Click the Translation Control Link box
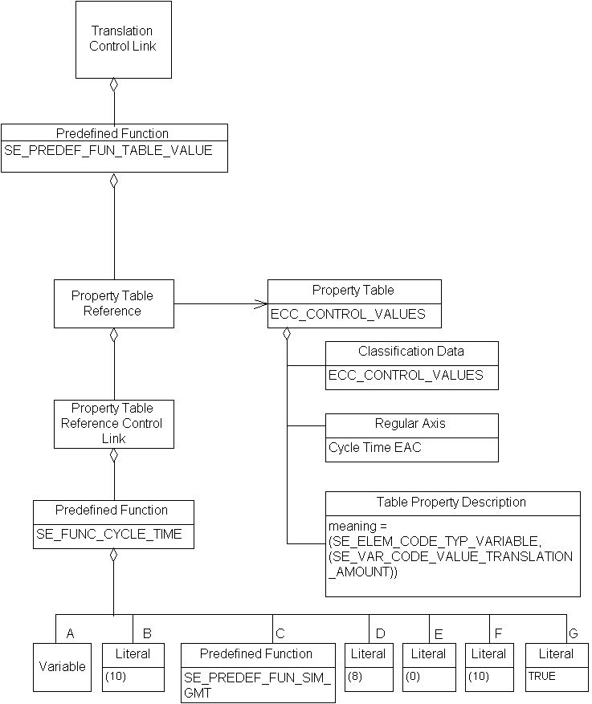tap(123, 39)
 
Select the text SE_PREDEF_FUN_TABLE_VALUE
tap(108, 150)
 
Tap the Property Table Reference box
tap(113, 303)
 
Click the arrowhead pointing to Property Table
tap(260, 303)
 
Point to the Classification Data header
tap(411, 352)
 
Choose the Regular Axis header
tap(411, 424)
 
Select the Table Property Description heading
tap(451, 503)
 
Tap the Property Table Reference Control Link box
tap(112, 424)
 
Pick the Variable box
tap(62, 666)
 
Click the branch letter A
tap(71, 633)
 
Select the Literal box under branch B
tap(133, 666)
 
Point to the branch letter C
tap(280, 633)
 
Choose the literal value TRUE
tap(541, 677)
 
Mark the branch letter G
tap(572, 633)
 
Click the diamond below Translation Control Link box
tap(114, 83)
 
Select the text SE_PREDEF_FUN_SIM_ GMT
tap(257, 685)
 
